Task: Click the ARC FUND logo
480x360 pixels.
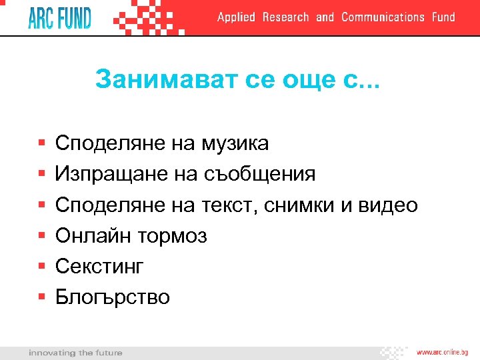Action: click(59, 17)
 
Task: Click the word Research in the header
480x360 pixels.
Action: click(285, 17)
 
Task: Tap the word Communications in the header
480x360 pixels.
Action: click(383, 17)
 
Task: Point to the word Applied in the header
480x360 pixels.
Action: click(236, 17)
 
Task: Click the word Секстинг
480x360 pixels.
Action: click(99, 267)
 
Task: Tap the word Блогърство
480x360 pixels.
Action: click(113, 297)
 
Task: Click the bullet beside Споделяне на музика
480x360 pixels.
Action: click(41, 143)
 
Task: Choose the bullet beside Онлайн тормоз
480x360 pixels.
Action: click(41, 235)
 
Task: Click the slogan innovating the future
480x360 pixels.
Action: click(75, 352)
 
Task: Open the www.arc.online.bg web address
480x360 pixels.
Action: click(443, 352)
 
